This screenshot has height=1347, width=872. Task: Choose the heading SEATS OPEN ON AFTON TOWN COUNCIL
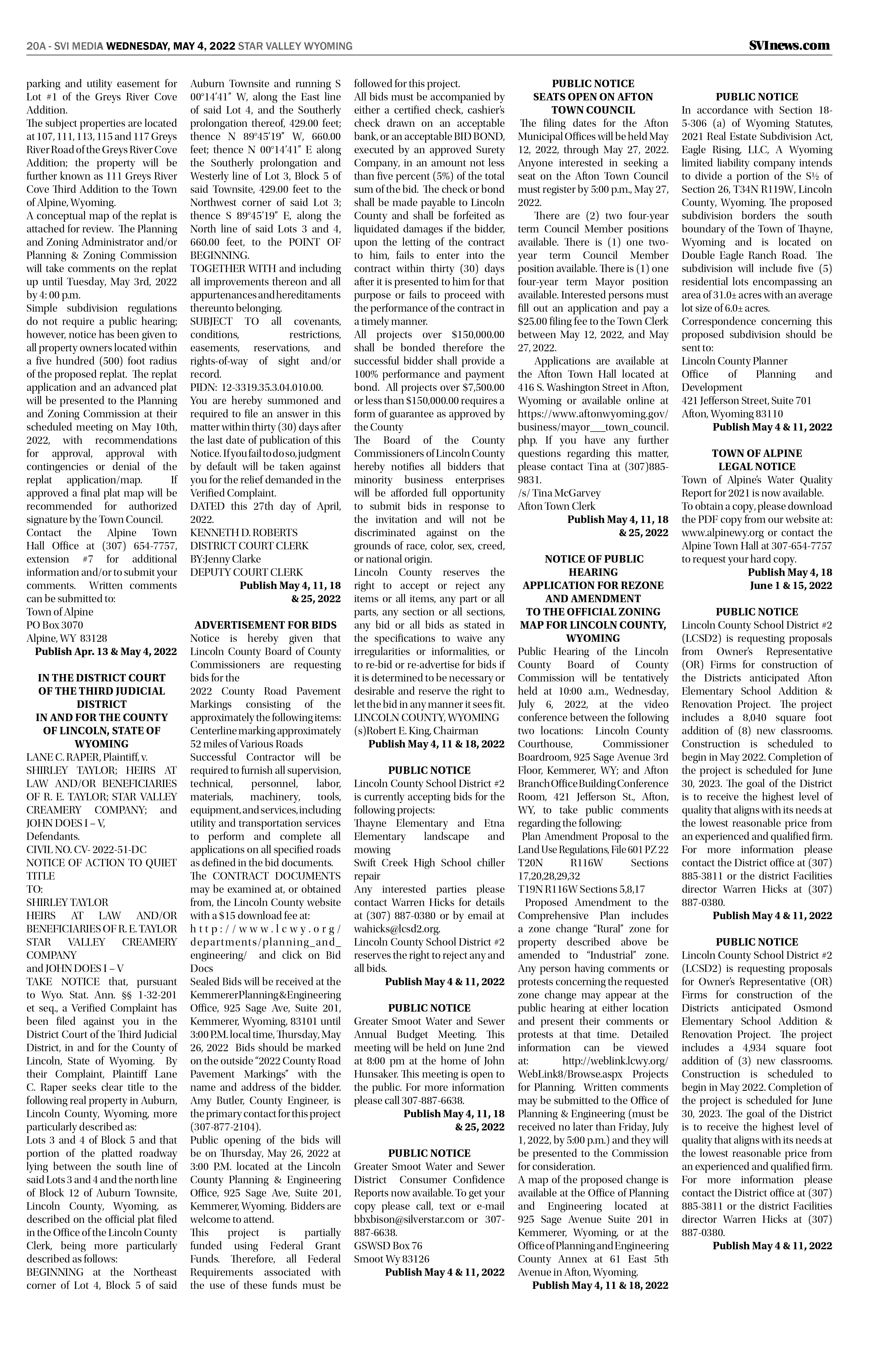coord(593,103)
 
